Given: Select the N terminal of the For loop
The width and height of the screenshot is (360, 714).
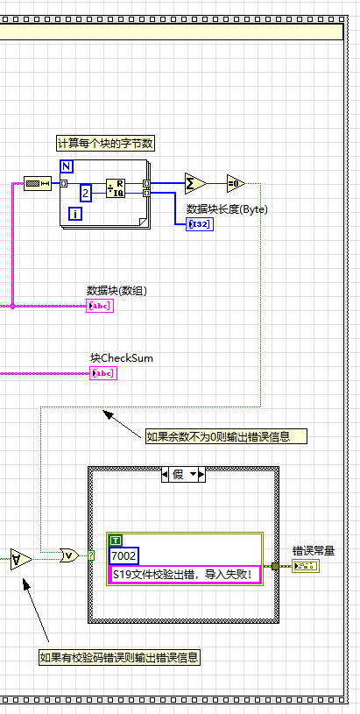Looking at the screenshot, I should point(67,166).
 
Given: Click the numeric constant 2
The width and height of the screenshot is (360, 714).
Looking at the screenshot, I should point(86,193).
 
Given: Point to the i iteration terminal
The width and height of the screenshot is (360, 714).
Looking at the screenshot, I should point(75,214).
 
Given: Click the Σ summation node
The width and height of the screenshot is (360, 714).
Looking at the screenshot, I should point(194,183).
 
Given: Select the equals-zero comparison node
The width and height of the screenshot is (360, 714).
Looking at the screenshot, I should point(235,183).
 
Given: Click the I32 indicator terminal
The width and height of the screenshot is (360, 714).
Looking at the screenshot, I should point(199,224).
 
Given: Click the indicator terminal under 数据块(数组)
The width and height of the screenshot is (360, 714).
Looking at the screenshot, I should point(100,306).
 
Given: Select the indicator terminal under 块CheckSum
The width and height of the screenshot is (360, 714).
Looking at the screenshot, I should point(103,373).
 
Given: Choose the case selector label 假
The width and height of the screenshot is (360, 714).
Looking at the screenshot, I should point(183,474).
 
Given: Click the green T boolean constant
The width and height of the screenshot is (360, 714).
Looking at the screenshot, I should point(116,541).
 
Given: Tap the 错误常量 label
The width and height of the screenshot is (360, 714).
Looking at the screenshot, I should point(314,551).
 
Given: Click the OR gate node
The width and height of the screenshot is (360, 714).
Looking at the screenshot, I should point(67,555).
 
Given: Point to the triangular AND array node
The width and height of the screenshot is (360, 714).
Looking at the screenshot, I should point(21,558).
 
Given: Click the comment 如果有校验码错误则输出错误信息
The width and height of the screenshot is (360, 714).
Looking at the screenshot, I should point(119,657).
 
